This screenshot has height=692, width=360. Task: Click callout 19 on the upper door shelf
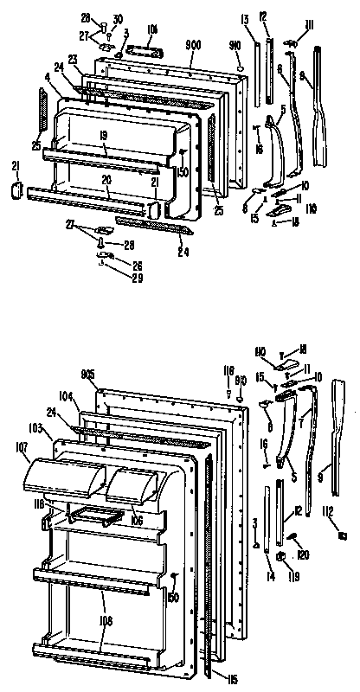102,136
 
